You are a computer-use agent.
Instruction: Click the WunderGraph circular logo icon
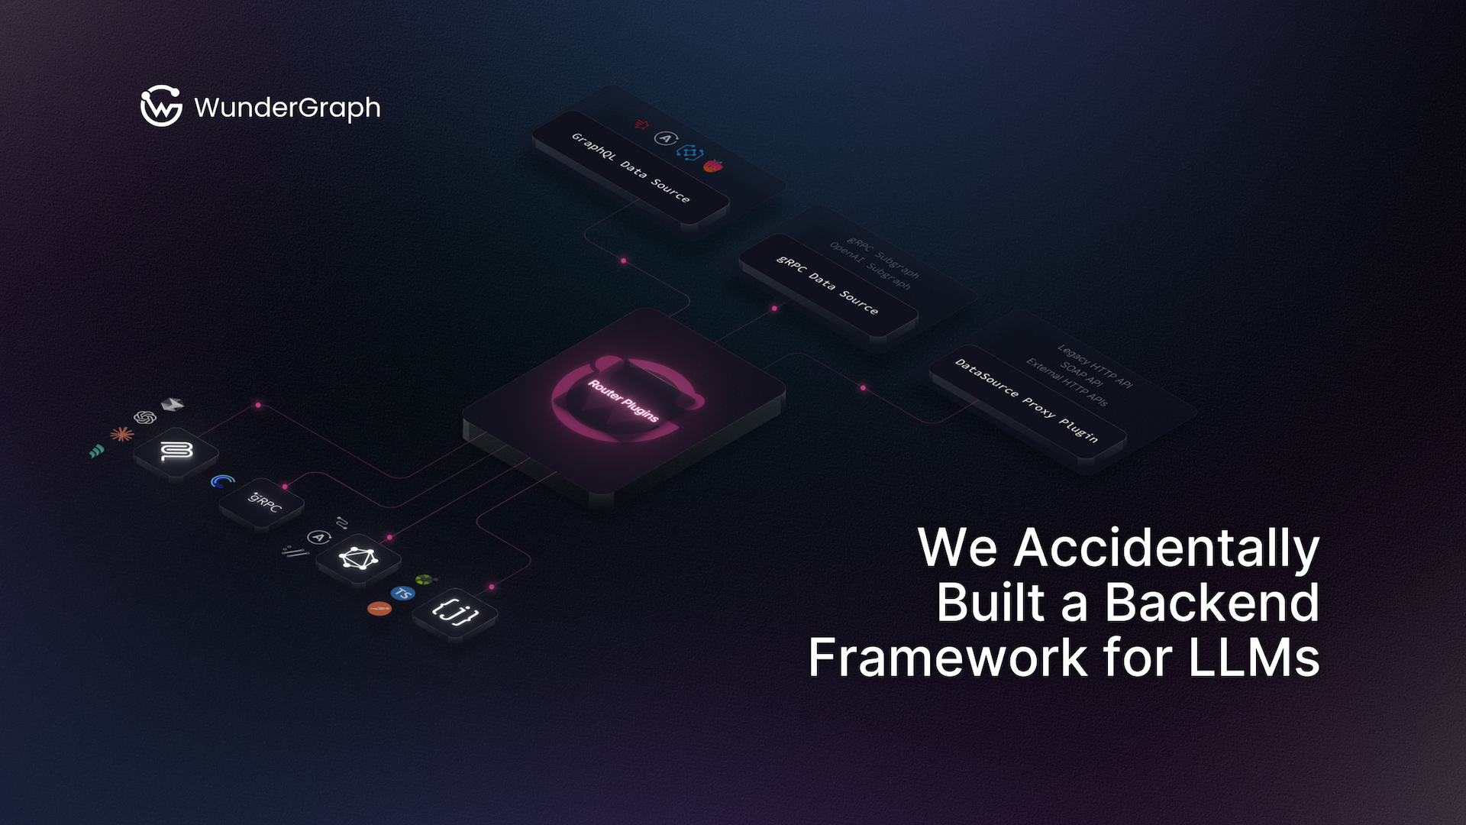(x=161, y=105)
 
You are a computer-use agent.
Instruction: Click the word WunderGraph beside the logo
(x=287, y=108)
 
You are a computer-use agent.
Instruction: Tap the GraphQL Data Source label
(x=631, y=167)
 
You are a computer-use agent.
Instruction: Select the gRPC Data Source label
(x=828, y=284)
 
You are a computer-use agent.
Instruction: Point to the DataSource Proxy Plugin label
(x=1027, y=400)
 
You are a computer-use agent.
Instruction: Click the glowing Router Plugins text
(x=623, y=400)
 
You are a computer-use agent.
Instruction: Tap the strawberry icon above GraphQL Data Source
(x=713, y=165)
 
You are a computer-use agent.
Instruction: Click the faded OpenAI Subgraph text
(x=870, y=265)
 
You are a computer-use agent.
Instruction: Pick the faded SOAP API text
(x=1081, y=374)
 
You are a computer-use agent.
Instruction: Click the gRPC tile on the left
(x=263, y=503)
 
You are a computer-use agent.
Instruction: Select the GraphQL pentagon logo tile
(x=358, y=558)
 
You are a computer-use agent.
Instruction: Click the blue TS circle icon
(x=402, y=593)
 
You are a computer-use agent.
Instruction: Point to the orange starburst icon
(x=122, y=434)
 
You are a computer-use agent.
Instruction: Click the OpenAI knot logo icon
(x=145, y=417)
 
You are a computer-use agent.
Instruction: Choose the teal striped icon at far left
(x=96, y=451)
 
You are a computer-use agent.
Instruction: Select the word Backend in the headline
(x=1212, y=603)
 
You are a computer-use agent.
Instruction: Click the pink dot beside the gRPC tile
(x=285, y=486)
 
